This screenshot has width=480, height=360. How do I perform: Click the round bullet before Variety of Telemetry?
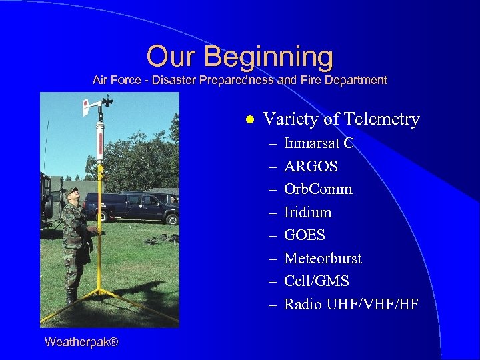(x=249, y=120)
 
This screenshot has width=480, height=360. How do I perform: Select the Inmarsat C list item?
(x=319, y=143)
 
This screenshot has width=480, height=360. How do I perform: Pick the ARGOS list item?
(x=311, y=166)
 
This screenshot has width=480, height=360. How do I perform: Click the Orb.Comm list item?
(x=318, y=189)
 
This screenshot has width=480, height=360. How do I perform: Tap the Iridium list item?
(x=307, y=213)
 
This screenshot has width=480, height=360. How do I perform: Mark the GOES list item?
(x=305, y=235)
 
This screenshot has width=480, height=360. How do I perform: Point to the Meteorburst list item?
(x=323, y=259)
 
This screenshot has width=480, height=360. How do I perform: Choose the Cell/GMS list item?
(x=316, y=281)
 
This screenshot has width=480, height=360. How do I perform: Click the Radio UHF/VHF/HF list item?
(x=351, y=305)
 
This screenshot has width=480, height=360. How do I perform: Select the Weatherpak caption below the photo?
(x=81, y=342)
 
